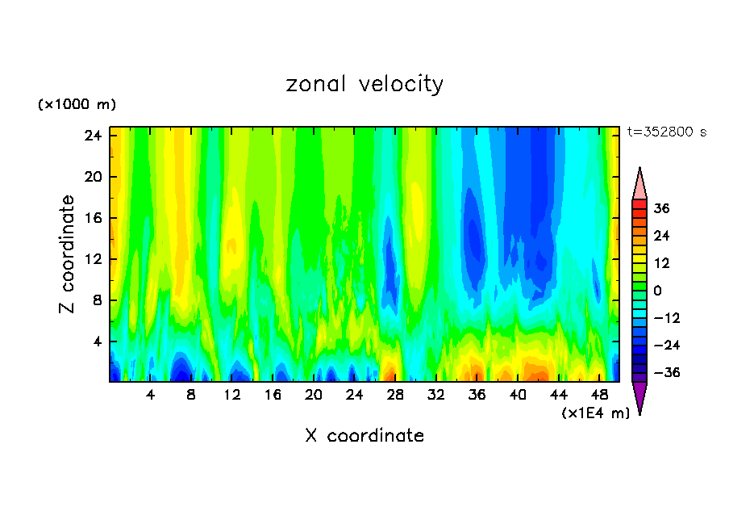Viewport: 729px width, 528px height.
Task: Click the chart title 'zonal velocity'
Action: coord(364,84)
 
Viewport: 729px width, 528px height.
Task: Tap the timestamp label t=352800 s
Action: coord(666,132)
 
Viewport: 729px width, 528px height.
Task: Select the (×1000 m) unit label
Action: coord(77,105)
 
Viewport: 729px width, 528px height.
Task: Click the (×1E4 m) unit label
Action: coord(595,413)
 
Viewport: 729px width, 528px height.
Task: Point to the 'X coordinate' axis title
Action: coord(364,436)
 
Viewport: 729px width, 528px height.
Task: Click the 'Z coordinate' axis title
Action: coord(68,254)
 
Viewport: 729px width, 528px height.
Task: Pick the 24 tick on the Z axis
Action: coord(93,136)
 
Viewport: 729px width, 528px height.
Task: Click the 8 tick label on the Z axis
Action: coord(97,300)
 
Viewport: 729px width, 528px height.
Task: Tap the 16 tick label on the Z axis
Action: coord(93,218)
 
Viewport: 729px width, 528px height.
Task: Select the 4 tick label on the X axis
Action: coord(150,396)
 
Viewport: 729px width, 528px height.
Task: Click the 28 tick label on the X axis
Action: coord(395,396)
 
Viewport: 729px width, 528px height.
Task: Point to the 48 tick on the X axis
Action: coord(600,396)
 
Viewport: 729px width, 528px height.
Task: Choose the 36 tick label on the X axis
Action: coord(477,396)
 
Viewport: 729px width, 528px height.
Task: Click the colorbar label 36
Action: coord(661,208)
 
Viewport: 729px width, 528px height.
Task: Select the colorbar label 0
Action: coord(657,291)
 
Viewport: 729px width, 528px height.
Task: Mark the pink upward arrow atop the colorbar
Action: coord(639,183)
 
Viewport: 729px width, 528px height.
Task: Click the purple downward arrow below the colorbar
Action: coord(639,397)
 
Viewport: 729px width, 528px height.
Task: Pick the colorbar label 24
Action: coord(661,236)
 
